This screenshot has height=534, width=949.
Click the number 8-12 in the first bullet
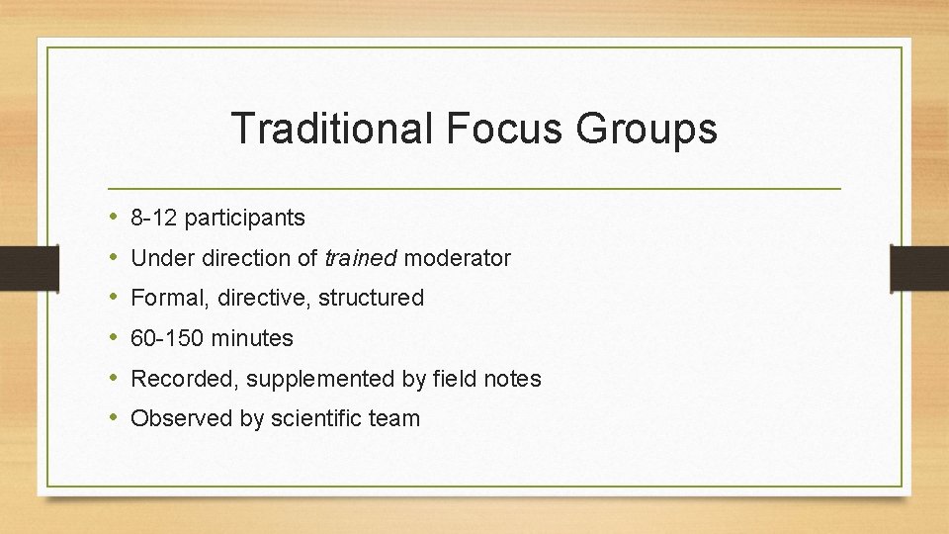pos(154,218)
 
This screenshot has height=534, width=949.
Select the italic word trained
pos(361,258)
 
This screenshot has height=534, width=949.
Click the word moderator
pos(458,258)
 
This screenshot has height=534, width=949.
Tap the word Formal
pos(165,298)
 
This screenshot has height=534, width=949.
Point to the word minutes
pos(252,338)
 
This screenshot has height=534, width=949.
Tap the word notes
pos(510,379)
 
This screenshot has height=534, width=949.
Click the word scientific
pos(315,419)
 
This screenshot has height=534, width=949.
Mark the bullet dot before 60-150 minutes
pos(115,338)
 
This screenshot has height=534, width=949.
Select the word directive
pos(259,298)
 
